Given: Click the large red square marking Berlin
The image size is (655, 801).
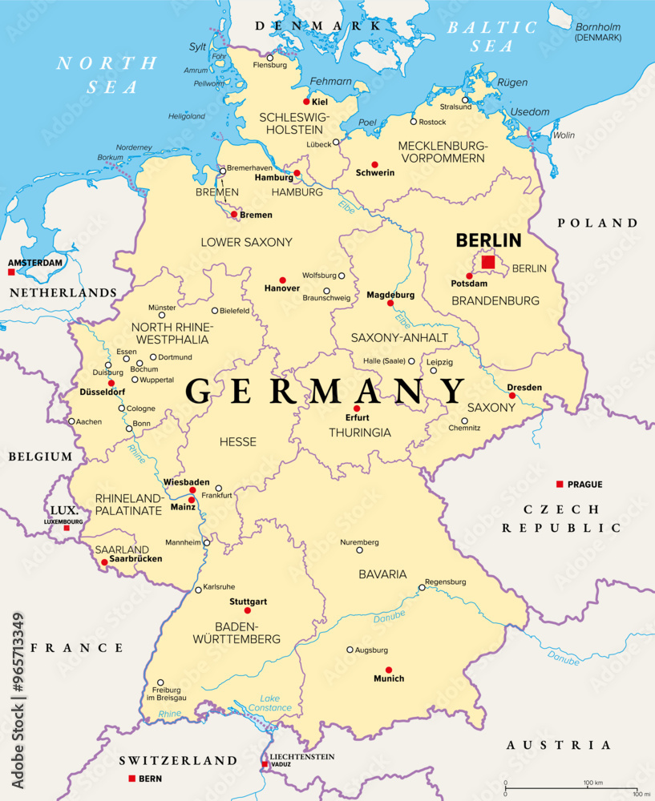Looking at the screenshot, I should coord(487,262).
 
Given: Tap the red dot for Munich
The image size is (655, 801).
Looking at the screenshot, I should coord(389,670).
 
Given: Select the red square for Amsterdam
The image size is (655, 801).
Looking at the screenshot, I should coord(10,272).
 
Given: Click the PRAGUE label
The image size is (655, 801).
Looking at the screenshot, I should coord(584,485).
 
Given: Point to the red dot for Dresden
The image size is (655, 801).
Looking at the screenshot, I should coord(512,396).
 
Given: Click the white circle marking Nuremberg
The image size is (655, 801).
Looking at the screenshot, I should coord(360,549).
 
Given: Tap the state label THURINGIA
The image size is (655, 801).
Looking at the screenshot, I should coord(360,433).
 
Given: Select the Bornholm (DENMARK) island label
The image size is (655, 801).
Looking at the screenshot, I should coord(598,32).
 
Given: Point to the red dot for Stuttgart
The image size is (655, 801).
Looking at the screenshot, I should coord(247,610).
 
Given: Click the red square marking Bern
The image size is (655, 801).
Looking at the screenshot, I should coord(131,778).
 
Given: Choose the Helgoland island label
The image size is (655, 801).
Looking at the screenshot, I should coord(186,116).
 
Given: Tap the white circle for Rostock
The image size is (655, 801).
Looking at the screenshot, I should coord(414,122).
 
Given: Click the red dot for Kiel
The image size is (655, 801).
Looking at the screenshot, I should coord(305,102).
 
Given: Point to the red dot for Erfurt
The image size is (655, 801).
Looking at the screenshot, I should coord(357,409).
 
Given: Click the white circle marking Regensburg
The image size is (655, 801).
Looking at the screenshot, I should coord(422,587).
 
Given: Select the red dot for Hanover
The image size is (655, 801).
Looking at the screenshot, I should coord(282,280).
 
